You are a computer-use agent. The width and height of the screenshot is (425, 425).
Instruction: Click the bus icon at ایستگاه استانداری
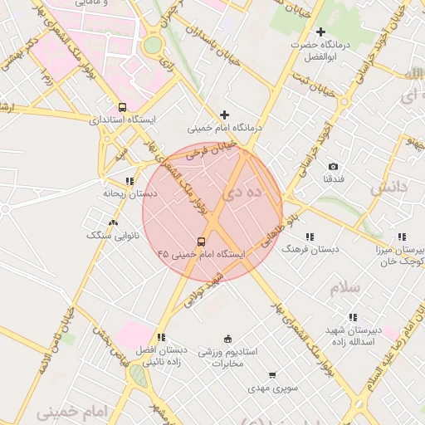pyautogui.click(x=123, y=107)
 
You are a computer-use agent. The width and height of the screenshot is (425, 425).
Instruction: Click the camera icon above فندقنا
pyautogui.click(x=334, y=167)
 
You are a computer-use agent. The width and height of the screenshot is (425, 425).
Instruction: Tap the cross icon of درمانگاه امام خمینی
pyautogui.click(x=224, y=115)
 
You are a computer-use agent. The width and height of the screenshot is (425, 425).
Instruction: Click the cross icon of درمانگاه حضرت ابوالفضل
pyautogui.click(x=321, y=32)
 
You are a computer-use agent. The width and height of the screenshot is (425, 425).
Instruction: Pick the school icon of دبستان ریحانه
pyautogui.click(x=129, y=180)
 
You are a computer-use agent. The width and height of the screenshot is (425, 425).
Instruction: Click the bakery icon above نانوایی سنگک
pyautogui.click(x=114, y=222)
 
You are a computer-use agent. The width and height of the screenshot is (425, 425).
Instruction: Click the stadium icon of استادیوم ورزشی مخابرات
pyautogui.click(x=229, y=339)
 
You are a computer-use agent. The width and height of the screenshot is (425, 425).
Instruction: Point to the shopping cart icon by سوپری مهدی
pyautogui.click(x=272, y=376)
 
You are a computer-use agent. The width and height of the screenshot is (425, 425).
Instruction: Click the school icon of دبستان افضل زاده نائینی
pyautogui.click(x=161, y=337)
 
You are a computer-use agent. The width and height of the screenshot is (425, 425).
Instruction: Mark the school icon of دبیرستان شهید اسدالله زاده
pyautogui.click(x=353, y=317)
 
